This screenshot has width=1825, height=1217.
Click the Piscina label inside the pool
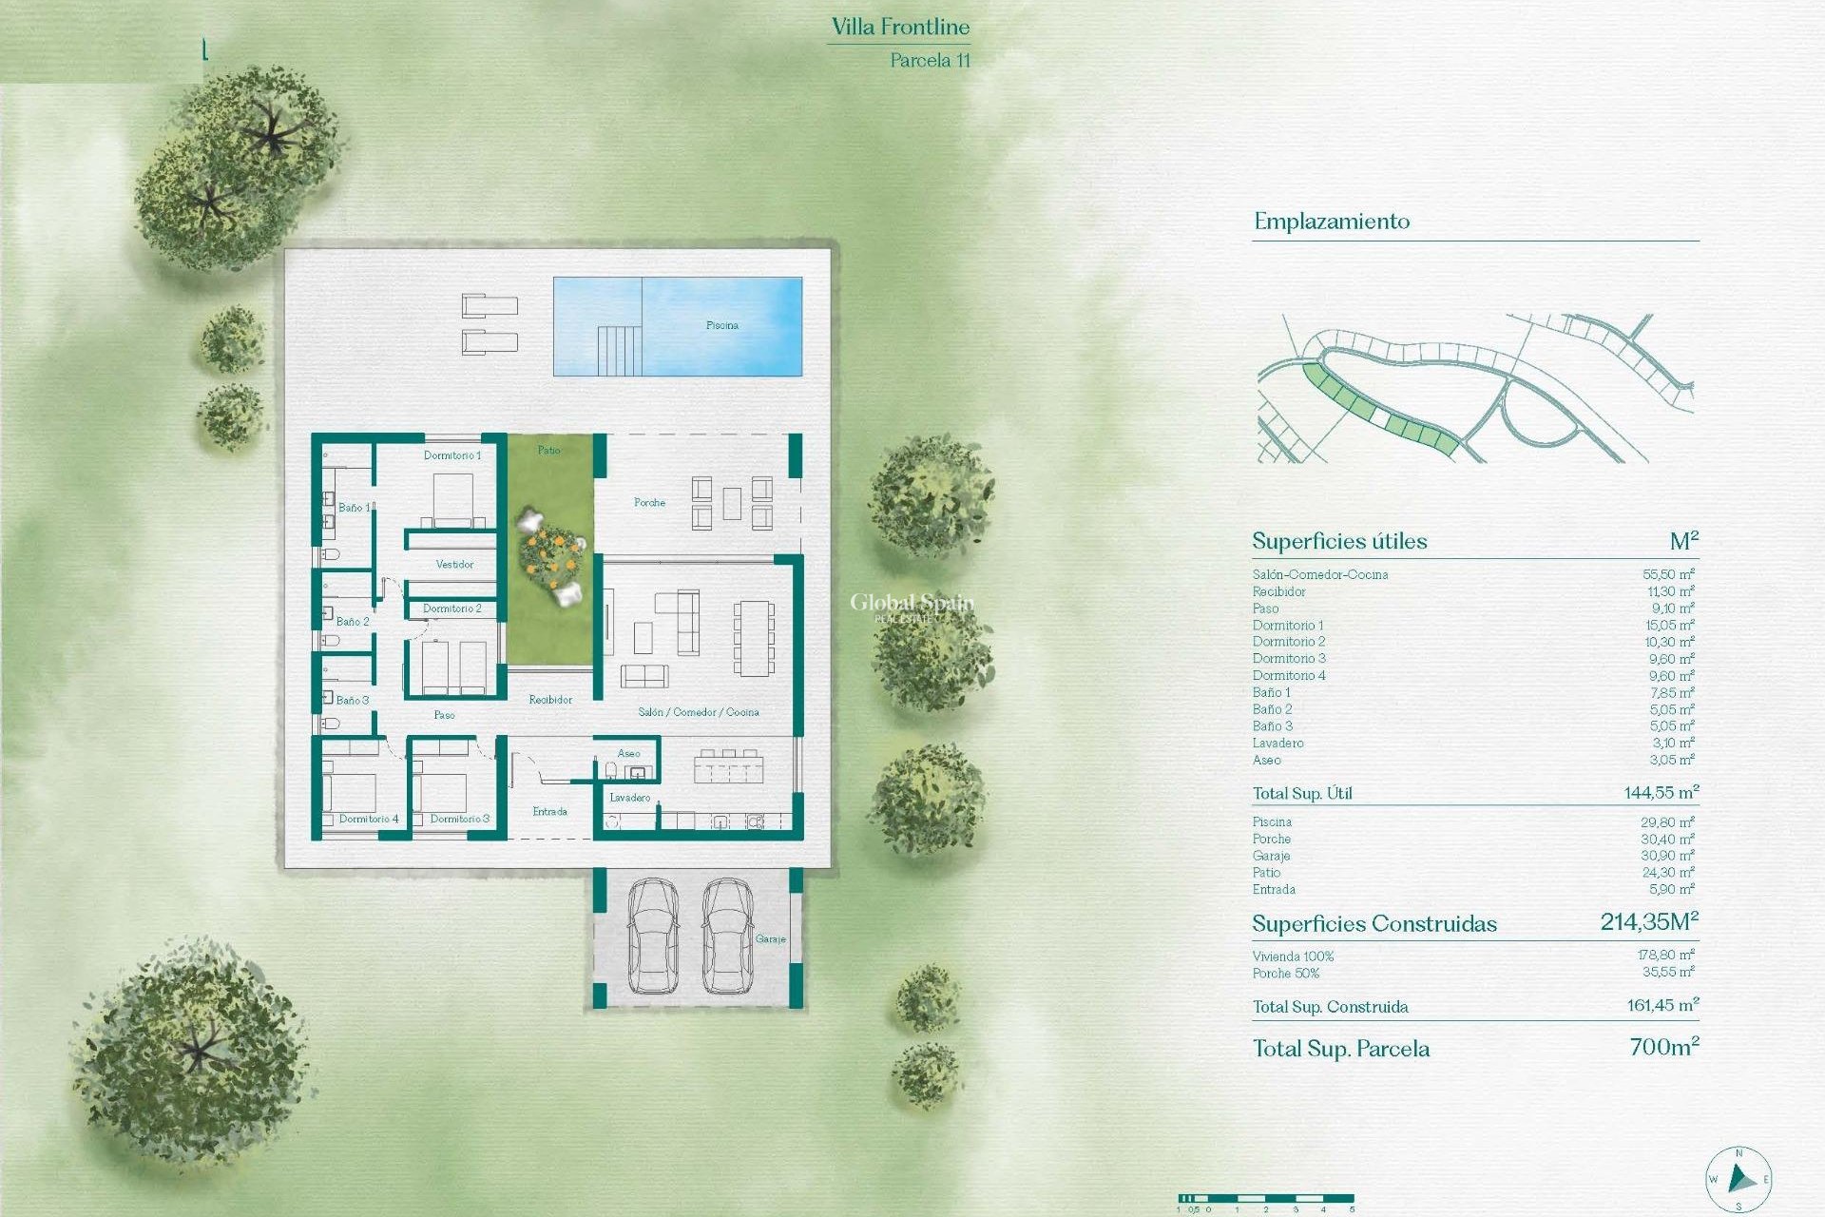click(x=722, y=325)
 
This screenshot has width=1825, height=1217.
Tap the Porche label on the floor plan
click(x=649, y=502)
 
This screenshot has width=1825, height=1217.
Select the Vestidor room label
click(x=454, y=564)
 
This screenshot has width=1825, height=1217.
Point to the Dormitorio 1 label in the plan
click(x=452, y=455)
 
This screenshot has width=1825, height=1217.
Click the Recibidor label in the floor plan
click(x=550, y=700)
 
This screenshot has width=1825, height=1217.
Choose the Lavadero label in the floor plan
click(x=629, y=798)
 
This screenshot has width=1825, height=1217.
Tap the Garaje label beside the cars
click(x=770, y=938)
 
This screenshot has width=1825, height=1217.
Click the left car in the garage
click(x=652, y=936)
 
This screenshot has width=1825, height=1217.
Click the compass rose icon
click(x=1739, y=1180)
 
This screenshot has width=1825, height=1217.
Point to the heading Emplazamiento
click(x=1332, y=222)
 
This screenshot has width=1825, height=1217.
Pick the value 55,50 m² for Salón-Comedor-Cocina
click(x=1668, y=574)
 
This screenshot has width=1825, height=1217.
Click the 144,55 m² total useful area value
click(x=1661, y=792)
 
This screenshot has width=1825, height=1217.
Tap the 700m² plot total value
click(x=1663, y=1047)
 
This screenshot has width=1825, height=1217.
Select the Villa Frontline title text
click(x=900, y=28)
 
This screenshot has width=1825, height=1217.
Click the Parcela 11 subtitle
click(x=930, y=60)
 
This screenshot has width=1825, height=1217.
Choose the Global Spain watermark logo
click(x=911, y=606)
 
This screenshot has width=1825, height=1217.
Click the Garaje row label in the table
click(x=1271, y=856)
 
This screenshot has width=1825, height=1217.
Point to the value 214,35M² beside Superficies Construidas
click(x=1649, y=921)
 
